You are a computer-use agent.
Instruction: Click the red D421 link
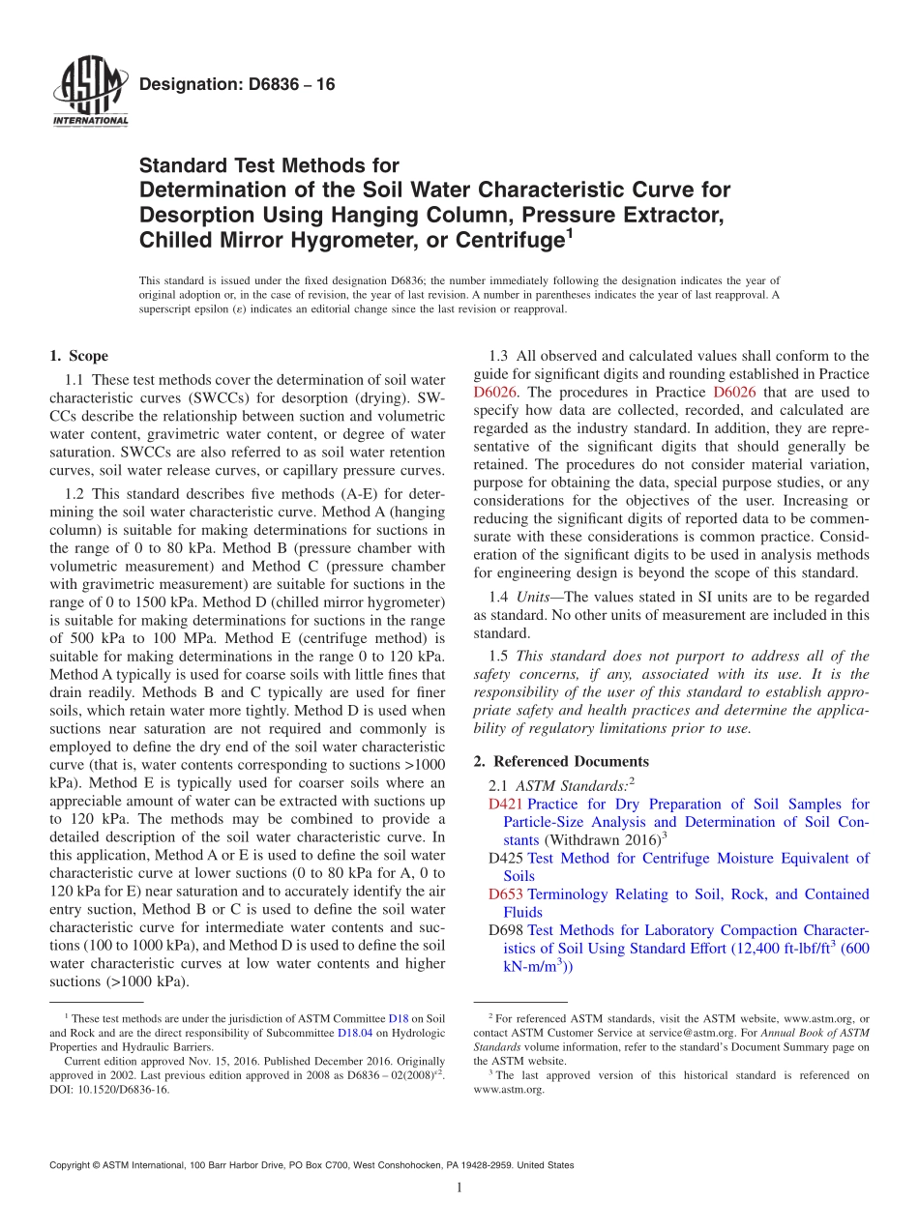point(506,805)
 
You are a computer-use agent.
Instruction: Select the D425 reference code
point(506,859)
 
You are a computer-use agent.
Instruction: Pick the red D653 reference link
point(506,894)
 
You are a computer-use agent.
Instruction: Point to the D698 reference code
point(506,930)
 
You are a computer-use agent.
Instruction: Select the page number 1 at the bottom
point(459,1187)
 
